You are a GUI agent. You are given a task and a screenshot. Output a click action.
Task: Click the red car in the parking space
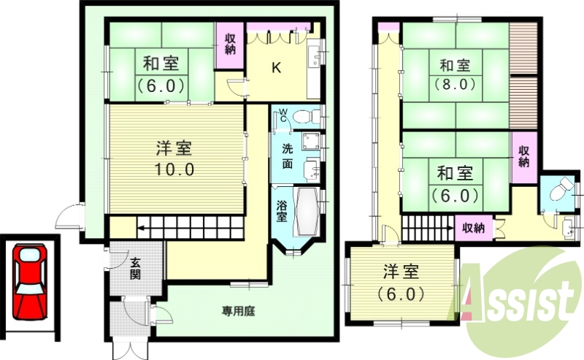pyautogui.click(x=28, y=281)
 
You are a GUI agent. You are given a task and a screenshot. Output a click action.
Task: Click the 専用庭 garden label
pyautogui.click(x=238, y=310)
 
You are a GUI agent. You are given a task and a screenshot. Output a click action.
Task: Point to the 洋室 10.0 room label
pyautogui.click(x=174, y=158)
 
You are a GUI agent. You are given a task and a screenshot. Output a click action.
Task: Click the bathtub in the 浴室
pyautogui.click(x=306, y=211)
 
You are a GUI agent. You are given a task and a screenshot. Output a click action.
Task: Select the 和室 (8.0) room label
pyautogui.click(x=457, y=74)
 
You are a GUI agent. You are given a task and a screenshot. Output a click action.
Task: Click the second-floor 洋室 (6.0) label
pyautogui.click(x=401, y=283)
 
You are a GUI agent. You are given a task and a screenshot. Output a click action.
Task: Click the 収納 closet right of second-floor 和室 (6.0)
pyautogui.click(x=524, y=156)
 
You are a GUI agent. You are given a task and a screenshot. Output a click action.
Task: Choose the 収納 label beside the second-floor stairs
pyautogui.click(x=473, y=228)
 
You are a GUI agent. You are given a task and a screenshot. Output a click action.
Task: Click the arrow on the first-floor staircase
pyautogui.click(x=140, y=229)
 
